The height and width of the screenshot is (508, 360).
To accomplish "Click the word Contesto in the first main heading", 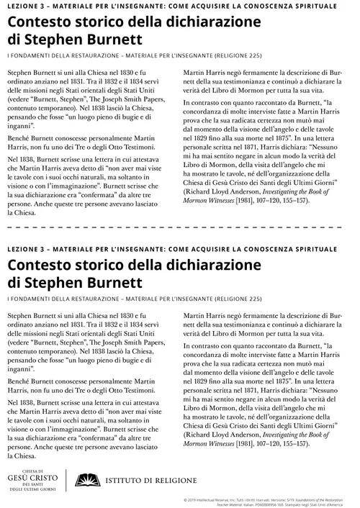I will tap(40, 23).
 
